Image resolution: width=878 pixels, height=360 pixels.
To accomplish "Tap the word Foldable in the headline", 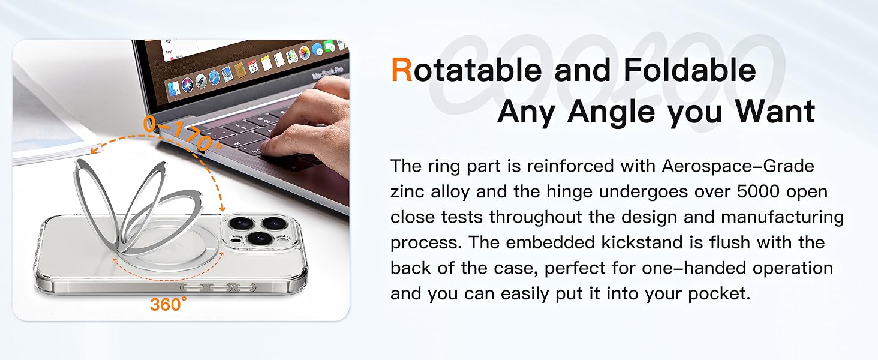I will (689, 70).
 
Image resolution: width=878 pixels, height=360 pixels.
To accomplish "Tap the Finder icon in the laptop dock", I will (174, 88).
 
